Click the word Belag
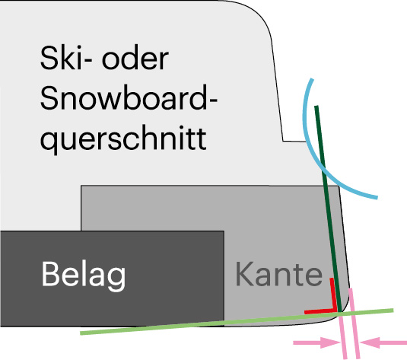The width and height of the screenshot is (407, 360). [84, 276]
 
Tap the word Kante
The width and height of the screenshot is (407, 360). [278, 274]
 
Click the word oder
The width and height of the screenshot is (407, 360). [135, 58]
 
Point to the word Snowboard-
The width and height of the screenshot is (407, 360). [129, 97]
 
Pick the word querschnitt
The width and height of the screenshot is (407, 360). [123, 139]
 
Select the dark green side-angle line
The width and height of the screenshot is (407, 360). [328, 209]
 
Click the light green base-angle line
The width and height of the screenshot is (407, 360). [237, 321]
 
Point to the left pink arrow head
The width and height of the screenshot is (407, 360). [330, 342]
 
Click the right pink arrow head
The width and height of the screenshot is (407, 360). [370, 342]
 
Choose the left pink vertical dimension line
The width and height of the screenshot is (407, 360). [342, 335]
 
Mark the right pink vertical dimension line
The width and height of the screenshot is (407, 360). [355, 323]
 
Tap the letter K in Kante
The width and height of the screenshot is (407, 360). [245, 274]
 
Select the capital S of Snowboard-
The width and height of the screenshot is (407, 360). [49, 97]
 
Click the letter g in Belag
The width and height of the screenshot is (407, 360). [116, 279]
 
